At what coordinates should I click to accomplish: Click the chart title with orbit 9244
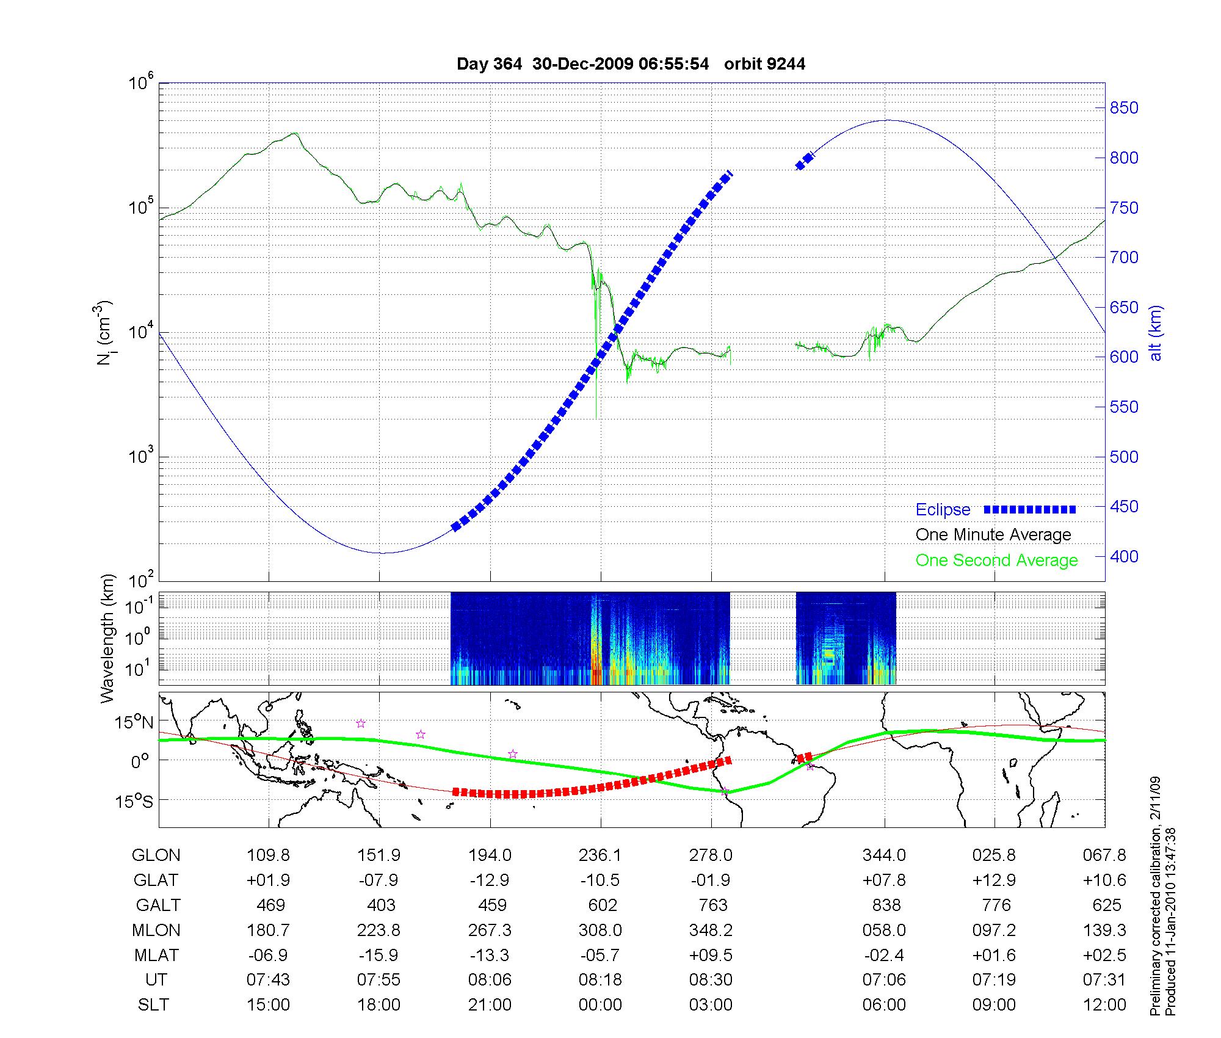(631, 64)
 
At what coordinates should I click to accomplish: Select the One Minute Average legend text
(993, 535)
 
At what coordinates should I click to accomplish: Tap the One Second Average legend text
(996, 561)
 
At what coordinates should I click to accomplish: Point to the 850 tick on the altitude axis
(1123, 108)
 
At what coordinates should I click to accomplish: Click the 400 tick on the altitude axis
(1123, 556)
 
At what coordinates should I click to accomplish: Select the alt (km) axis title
(1156, 333)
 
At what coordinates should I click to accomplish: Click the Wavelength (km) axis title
(107, 638)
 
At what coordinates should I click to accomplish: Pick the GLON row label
(156, 855)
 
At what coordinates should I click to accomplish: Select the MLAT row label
(156, 955)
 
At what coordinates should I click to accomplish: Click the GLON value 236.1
(600, 855)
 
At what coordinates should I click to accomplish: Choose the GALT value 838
(886, 905)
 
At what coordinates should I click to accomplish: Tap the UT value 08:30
(711, 980)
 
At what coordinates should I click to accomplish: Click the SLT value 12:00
(1105, 1005)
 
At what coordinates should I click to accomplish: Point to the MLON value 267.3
(490, 930)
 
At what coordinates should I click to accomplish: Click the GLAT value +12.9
(994, 880)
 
